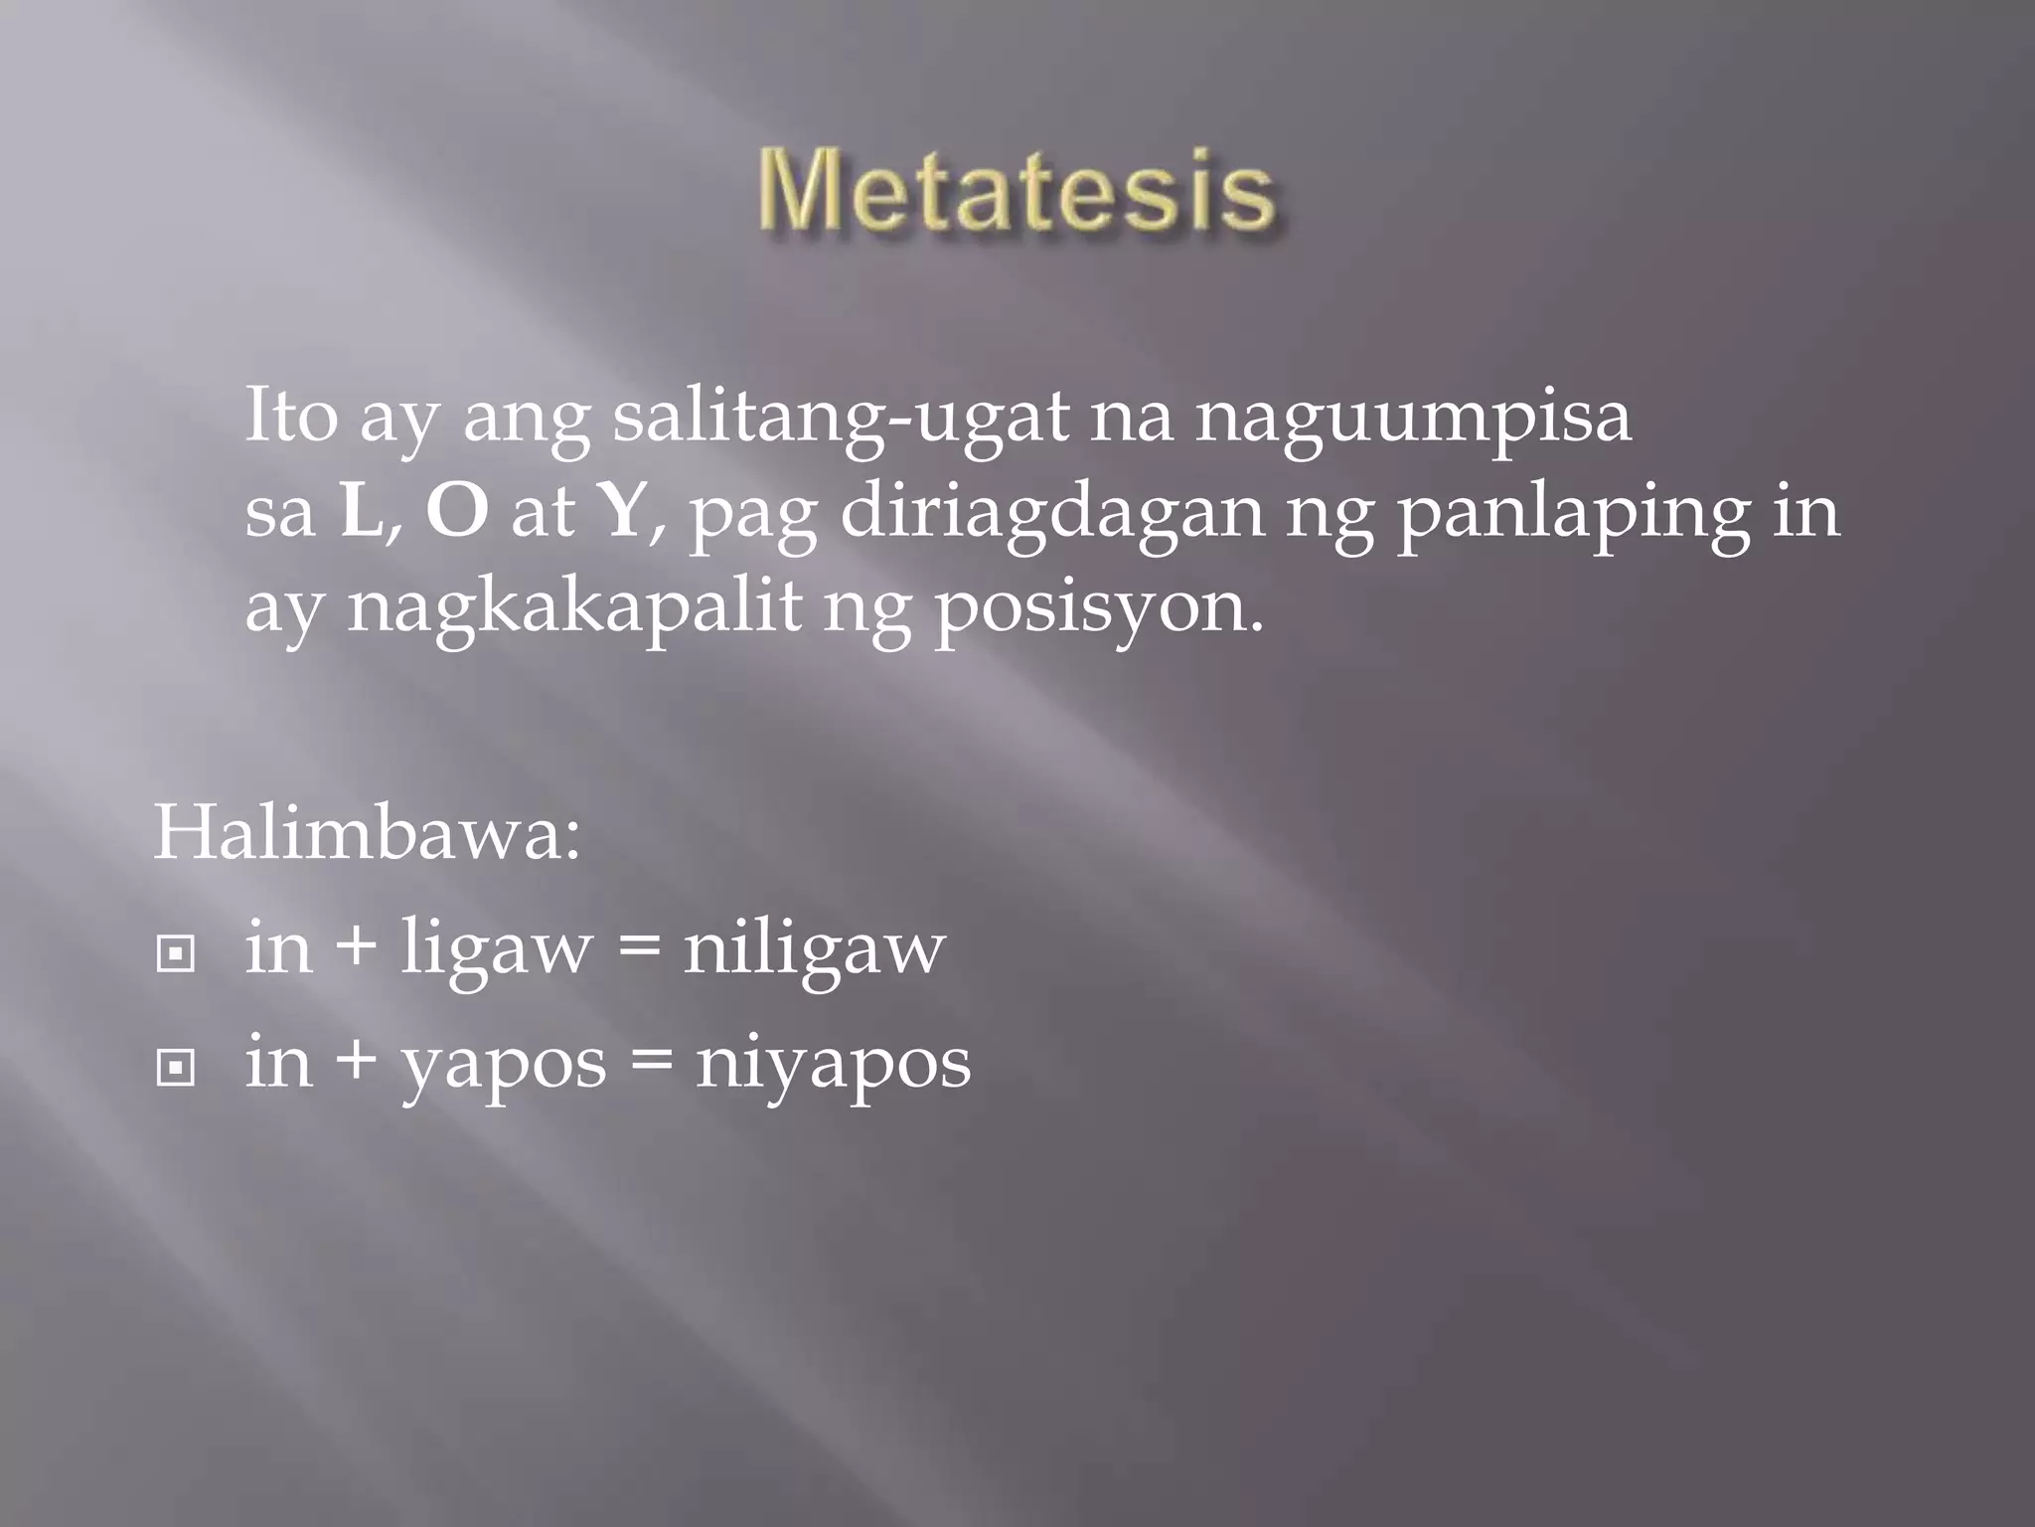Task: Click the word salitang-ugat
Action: [840, 418]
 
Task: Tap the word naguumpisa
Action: [1412, 418]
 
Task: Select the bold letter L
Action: [359, 512]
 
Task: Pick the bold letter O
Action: [457, 512]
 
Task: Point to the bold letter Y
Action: [621, 512]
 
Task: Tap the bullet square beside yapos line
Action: [176, 1069]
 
